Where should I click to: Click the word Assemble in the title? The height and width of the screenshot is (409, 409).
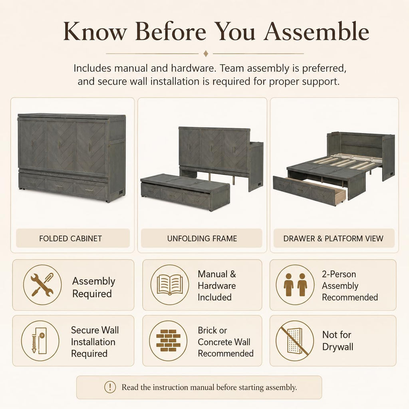(x=316, y=31)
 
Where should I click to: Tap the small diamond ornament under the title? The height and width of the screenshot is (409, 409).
(x=206, y=54)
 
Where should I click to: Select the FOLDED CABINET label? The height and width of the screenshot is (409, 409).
(x=70, y=238)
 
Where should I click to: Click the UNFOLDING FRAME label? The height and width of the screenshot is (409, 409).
(x=202, y=238)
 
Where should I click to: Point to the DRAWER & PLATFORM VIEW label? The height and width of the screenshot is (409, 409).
(x=334, y=238)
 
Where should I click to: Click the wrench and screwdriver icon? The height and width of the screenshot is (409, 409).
(x=42, y=285)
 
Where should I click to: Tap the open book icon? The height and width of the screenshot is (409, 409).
(x=170, y=285)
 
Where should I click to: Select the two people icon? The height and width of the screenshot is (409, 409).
(x=295, y=285)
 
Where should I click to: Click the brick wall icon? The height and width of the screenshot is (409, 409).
(x=168, y=341)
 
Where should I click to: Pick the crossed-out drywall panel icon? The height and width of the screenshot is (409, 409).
(x=295, y=341)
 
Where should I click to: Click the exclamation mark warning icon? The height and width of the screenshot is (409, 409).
(x=110, y=387)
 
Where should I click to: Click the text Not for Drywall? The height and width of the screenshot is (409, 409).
(x=338, y=341)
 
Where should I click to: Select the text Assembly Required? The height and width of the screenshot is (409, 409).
(x=93, y=287)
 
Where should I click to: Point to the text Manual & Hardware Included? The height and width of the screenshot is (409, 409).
(x=217, y=286)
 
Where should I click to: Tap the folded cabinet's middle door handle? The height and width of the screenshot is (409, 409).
(x=60, y=144)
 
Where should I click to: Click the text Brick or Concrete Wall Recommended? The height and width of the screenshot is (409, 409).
(x=226, y=342)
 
